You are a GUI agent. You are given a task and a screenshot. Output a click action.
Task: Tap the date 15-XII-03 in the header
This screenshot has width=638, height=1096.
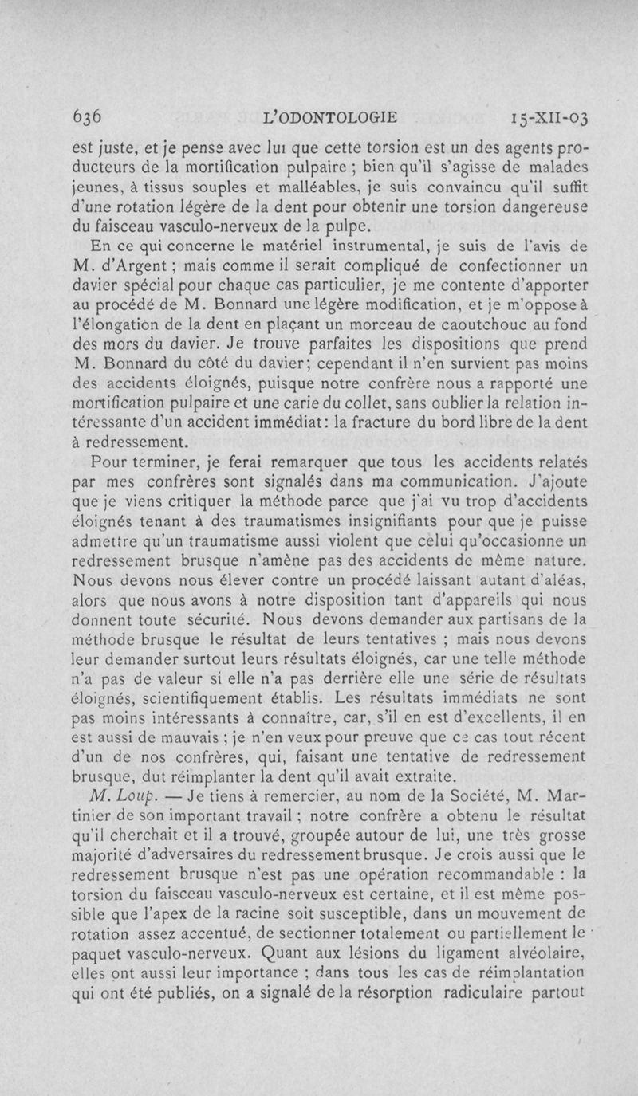point(551,120)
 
